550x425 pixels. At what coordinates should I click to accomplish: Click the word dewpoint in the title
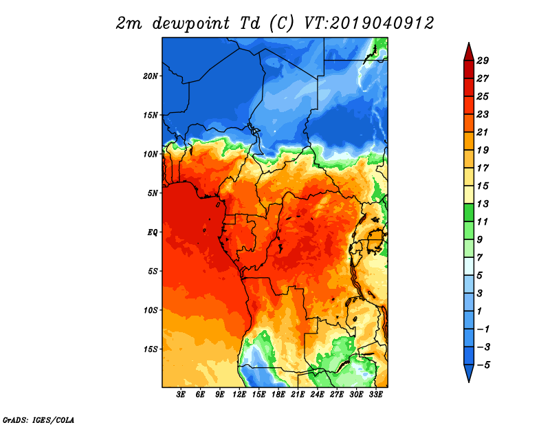pyautogui.click(x=191, y=24)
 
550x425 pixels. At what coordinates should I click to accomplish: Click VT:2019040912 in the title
pyautogui.click(x=368, y=23)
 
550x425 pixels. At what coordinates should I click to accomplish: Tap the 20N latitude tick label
pyautogui.click(x=151, y=76)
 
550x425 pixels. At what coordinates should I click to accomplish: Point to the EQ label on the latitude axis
pyautogui.click(x=153, y=232)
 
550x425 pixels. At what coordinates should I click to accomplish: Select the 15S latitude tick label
pyautogui.click(x=151, y=349)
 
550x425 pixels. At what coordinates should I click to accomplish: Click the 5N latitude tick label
pyautogui.click(x=153, y=193)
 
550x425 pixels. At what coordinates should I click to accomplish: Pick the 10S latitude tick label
pyautogui.click(x=151, y=310)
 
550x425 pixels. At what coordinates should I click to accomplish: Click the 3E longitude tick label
pyautogui.click(x=181, y=394)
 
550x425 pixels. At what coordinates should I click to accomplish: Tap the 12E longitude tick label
pyautogui.click(x=239, y=394)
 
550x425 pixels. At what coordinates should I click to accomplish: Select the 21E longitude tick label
pyautogui.click(x=298, y=394)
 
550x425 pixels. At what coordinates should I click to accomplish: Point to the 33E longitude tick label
pyautogui.click(x=375, y=394)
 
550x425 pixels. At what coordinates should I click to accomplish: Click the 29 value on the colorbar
pyautogui.click(x=483, y=61)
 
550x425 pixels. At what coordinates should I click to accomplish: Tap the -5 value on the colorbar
pyautogui.click(x=483, y=365)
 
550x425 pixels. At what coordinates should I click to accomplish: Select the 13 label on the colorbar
pyautogui.click(x=483, y=204)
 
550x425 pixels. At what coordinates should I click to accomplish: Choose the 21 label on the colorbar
pyautogui.click(x=483, y=132)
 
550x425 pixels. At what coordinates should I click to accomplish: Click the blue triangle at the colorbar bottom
pyautogui.click(x=469, y=373)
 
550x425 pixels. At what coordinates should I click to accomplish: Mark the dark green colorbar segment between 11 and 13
pyautogui.click(x=469, y=212)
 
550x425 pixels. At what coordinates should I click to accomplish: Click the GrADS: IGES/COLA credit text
pyautogui.click(x=38, y=419)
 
